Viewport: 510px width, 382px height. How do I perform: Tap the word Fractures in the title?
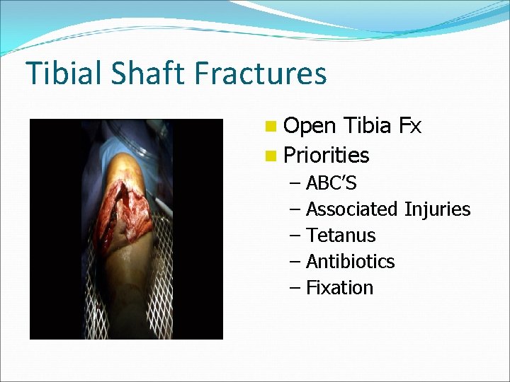[263, 74]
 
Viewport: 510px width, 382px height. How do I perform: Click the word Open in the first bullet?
[310, 126]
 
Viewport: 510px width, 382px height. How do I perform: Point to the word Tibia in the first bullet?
[367, 126]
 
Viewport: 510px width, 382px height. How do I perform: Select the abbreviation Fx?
[409, 126]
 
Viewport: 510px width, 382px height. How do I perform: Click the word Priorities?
[326, 155]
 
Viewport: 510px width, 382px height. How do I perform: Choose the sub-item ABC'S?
[331, 183]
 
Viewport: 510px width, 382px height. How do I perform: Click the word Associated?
[352, 209]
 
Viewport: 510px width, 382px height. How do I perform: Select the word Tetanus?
[341, 235]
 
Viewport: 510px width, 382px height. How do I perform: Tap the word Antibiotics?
[350, 261]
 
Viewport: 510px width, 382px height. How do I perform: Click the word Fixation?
[339, 287]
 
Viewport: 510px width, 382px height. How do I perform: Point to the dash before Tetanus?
[295, 236]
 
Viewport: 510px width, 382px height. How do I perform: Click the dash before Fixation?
[295, 288]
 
